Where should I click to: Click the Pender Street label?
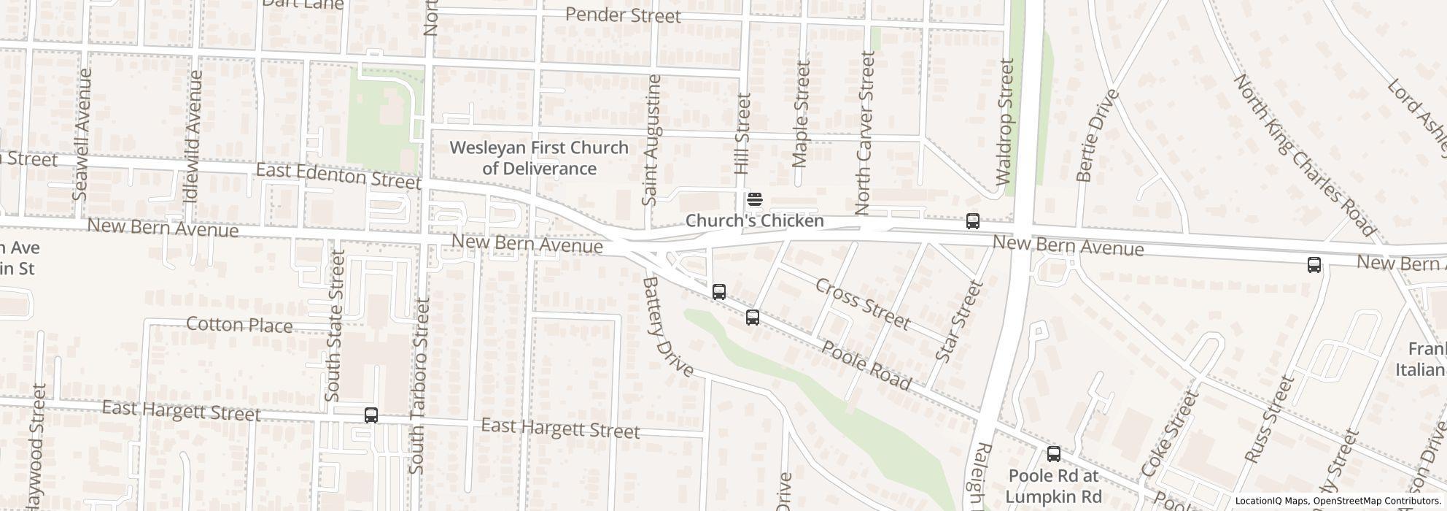tap(623, 15)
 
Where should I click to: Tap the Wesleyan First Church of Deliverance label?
tap(539, 158)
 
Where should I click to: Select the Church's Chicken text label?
tap(755, 220)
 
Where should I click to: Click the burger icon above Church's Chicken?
tap(755, 199)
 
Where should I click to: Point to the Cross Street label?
tap(863, 304)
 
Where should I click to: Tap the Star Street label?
tap(959, 321)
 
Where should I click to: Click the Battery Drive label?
tap(668, 326)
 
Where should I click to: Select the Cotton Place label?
tap(239, 325)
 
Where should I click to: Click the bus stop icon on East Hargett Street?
tap(371, 415)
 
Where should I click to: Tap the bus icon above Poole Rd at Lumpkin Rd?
tap(1054, 454)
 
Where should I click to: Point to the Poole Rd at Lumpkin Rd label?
tap(1053, 486)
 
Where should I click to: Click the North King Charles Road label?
tap(1304, 155)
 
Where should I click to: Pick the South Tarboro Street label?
tap(419, 385)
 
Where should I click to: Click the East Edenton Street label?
tap(338, 176)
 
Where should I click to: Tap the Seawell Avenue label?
tap(82, 134)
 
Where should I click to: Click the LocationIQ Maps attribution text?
tap(1337, 502)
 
